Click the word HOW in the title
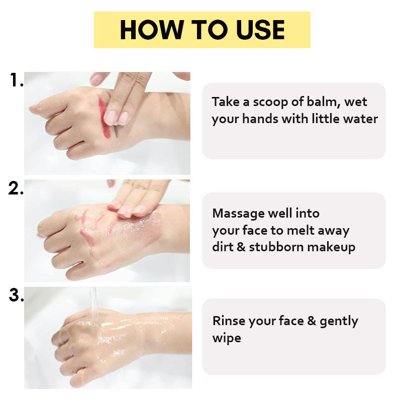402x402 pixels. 152,30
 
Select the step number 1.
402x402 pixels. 17,79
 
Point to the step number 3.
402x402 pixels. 17,295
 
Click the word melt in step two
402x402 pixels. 300,231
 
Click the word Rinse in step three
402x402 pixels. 229,321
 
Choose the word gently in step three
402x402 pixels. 339,322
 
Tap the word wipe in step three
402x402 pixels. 227,338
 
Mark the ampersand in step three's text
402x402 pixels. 312,321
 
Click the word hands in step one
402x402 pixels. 260,119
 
